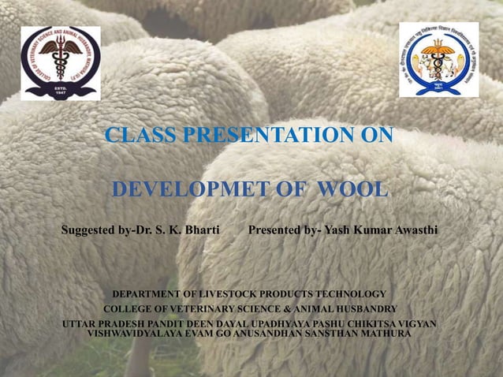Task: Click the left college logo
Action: tap(60, 62)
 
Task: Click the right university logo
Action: tap(438, 59)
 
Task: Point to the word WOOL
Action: tap(352, 190)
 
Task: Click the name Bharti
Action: tap(201, 231)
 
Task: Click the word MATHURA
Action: tap(384, 334)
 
